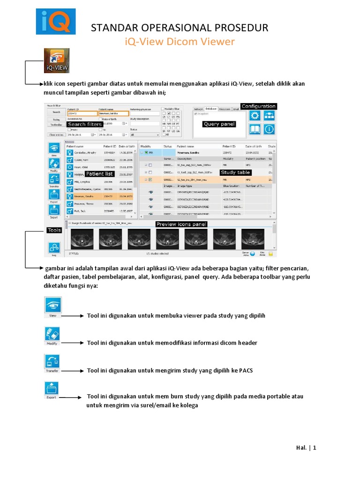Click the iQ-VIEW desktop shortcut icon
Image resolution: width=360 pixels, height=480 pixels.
coord(57,60)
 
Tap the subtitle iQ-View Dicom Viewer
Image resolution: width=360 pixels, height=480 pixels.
coord(180,42)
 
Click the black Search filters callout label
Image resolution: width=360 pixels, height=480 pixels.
coord(84,124)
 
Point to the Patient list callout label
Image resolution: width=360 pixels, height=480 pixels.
coord(99,173)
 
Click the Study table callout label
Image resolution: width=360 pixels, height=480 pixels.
coord(235,172)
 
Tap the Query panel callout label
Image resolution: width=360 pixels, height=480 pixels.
coord(219,124)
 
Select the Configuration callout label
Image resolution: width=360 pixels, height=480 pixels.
coord(258,106)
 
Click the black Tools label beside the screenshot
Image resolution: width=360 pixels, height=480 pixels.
coord(54,231)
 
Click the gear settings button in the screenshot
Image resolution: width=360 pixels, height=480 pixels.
coord(255,116)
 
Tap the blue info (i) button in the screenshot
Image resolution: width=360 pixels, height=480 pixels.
coord(269,129)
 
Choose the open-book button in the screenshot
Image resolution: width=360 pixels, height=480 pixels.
coord(255,129)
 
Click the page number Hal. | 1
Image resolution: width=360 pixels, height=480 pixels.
coord(307,448)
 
